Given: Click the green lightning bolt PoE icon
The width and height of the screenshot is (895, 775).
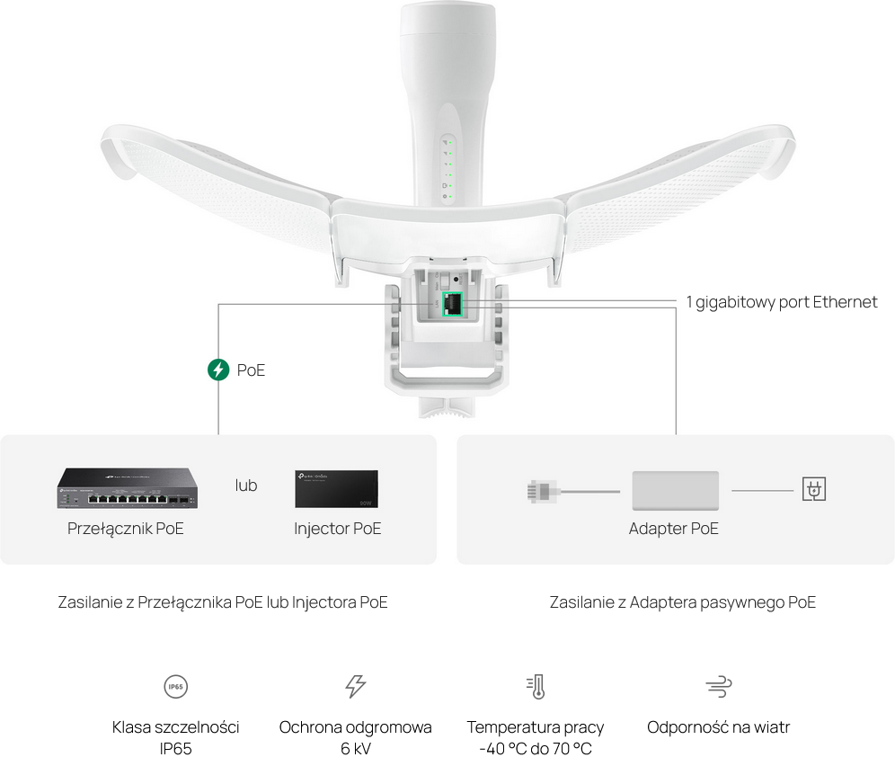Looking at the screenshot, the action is coord(218,370).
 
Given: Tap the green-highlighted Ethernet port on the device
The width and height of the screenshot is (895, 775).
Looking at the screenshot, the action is coord(452,304).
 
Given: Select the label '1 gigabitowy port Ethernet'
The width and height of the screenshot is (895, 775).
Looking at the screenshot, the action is coord(782,302).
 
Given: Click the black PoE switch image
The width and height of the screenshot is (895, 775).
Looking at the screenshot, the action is coord(128,488).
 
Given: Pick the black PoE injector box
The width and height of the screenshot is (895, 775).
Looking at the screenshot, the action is coord(336,489).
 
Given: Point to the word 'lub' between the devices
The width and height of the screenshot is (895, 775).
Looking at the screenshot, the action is coord(246,485).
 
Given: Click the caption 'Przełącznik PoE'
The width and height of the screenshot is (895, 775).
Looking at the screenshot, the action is coord(126,529).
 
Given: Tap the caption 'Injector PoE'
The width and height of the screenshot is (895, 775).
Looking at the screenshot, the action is coord(337,529).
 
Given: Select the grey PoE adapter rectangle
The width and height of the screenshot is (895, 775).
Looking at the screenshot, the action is coord(675,491).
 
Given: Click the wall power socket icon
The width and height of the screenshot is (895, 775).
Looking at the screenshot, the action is coord(813,489).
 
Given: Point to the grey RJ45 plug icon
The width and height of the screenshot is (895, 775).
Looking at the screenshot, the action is coord(542,491).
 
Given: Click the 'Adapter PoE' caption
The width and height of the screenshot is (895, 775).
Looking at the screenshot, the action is coord(674,529).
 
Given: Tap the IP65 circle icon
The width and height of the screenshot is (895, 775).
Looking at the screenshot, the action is coord(176,687).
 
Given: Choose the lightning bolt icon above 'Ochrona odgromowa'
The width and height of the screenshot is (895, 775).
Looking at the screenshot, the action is coord(355,687).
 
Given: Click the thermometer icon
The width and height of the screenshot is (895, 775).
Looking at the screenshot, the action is coord(536,687).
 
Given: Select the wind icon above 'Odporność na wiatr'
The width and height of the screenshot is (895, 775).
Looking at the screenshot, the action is coord(719,687).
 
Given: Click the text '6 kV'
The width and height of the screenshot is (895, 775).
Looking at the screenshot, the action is coord(356,749).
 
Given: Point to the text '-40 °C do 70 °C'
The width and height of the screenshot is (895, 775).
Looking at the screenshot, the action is coord(536,749).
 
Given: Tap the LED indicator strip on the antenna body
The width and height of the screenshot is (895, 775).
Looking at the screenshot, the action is coord(447,169).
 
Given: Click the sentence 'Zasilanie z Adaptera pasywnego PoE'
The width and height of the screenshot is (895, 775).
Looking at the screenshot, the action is coord(683,602).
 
